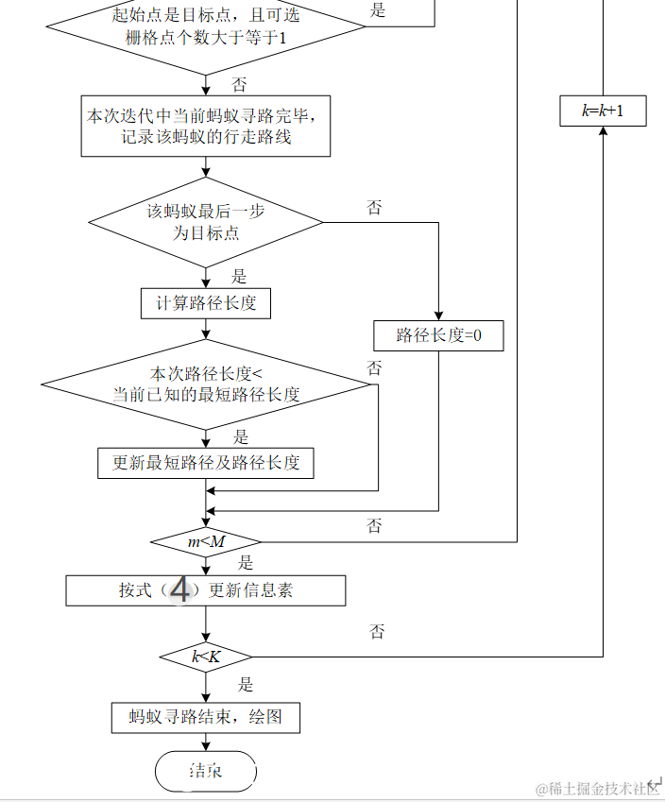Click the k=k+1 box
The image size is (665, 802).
[x=603, y=111]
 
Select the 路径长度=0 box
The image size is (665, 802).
[x=438, y=335]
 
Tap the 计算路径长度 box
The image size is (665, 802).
[x=206, y=303]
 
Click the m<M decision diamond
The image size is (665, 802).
[x=206, y=542]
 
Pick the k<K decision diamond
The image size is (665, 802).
[x=206, y=657]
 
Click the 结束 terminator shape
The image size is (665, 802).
[x=206, y=771]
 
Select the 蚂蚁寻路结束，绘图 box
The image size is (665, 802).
[x=206, y=717]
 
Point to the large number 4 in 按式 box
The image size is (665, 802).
[x=179, y=591]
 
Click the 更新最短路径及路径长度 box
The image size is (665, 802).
[x=206, y=463]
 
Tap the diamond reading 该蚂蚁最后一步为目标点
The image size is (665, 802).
[x=206, y=222]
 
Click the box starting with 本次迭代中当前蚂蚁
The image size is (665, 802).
[x=206, y=127]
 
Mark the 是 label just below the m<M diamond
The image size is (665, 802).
[x=246, y=564]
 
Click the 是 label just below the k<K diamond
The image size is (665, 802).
[x=246, y=685]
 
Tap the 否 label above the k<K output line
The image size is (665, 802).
[x=377, y=632]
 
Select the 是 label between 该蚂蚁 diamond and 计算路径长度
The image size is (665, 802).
[x=239, y=277]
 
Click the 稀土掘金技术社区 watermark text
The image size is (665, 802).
[x=597, y=789]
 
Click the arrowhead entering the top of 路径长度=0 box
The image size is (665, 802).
[x=438, y=316]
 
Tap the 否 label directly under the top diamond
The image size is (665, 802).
[x=240, y=85]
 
